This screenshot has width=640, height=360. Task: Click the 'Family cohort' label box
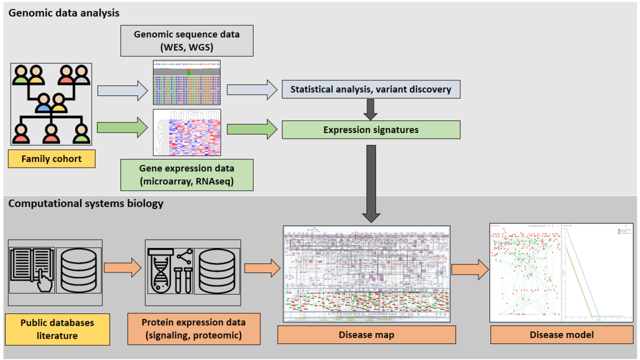52,159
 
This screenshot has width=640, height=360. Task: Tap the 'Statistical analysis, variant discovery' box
370,89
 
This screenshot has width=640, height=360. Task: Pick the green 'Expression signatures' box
370,130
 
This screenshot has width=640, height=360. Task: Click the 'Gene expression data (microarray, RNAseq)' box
186,174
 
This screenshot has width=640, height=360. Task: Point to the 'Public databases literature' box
57,329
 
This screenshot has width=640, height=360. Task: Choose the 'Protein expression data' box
193,329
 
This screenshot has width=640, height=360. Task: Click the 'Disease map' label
366,335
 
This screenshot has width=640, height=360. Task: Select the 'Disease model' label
561,335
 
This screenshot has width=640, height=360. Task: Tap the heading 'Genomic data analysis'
64,12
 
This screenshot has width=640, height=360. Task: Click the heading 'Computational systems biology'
86,204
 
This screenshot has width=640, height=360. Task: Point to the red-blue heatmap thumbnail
187,133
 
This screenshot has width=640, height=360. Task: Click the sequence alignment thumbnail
187,83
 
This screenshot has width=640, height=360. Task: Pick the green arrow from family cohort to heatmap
123,128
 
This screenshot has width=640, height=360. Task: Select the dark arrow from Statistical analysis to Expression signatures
370,109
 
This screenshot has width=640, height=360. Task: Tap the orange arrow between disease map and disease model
470,270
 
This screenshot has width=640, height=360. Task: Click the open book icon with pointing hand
32,270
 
